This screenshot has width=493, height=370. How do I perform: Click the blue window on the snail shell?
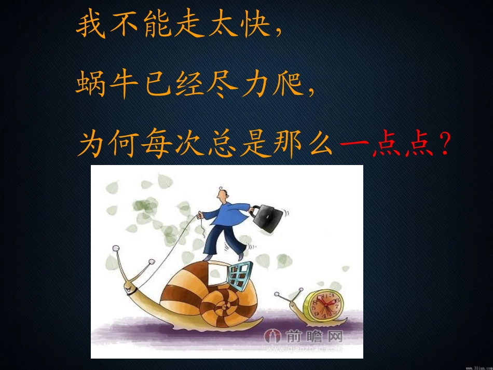[240, 275]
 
